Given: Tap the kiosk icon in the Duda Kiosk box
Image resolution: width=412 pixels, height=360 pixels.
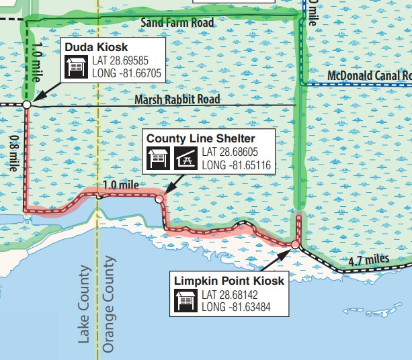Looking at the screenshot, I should coord(74,66).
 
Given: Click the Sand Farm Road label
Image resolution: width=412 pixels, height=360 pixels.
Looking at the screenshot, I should coord(177,24).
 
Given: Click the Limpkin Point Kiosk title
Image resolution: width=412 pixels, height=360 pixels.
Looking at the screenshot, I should coord(229,281).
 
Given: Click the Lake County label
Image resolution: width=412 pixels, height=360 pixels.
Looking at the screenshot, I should coord(84,304).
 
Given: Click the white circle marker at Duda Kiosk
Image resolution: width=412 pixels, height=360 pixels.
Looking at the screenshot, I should coord(26,105).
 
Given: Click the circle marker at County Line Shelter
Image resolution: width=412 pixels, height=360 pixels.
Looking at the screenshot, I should coord(159,199).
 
